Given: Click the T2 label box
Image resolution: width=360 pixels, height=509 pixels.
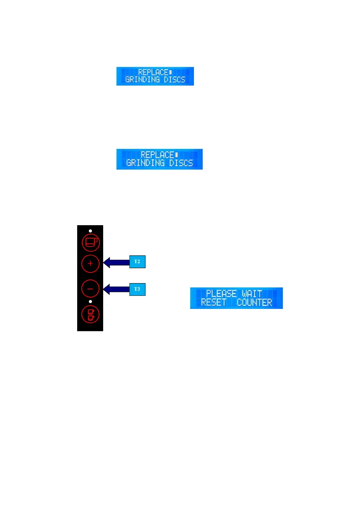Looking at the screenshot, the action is click(137, 262).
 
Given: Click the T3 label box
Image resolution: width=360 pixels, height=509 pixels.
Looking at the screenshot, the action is click(137, 289).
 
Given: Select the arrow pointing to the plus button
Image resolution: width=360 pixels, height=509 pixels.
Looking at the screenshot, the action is click(116, 262).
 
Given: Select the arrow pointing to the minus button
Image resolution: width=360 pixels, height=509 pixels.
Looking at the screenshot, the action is click(116, 289).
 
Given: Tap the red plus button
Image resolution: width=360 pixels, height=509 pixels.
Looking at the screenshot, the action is click(90, 264).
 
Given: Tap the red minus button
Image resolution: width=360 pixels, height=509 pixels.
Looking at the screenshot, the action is click(90, 289).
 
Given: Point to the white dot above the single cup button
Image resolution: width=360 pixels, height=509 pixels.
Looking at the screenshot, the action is click(90, 231).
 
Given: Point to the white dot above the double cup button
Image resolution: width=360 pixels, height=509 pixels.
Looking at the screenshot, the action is click(90, 302).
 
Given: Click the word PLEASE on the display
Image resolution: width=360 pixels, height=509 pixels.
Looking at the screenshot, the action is click(221, 294).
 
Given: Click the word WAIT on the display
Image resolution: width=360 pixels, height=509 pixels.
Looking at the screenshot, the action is click(252, 294).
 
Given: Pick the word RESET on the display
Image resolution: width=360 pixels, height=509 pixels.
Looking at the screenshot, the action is click(214, 302).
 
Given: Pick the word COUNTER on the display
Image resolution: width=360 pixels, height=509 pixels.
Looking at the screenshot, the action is click(254, 302).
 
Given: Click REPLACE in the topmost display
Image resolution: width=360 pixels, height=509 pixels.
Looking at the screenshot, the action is click(153, 72).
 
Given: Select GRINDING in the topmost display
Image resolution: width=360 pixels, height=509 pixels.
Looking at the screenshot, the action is click(142, 79).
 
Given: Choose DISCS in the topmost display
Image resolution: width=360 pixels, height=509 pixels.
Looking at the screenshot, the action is click(174, 79).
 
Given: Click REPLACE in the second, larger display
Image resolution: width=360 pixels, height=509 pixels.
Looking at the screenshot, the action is click(157, 155).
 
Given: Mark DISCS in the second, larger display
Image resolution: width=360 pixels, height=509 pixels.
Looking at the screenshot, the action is click(181, 163).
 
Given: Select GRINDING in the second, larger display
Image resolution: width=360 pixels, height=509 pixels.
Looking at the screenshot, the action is click(146, 163).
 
